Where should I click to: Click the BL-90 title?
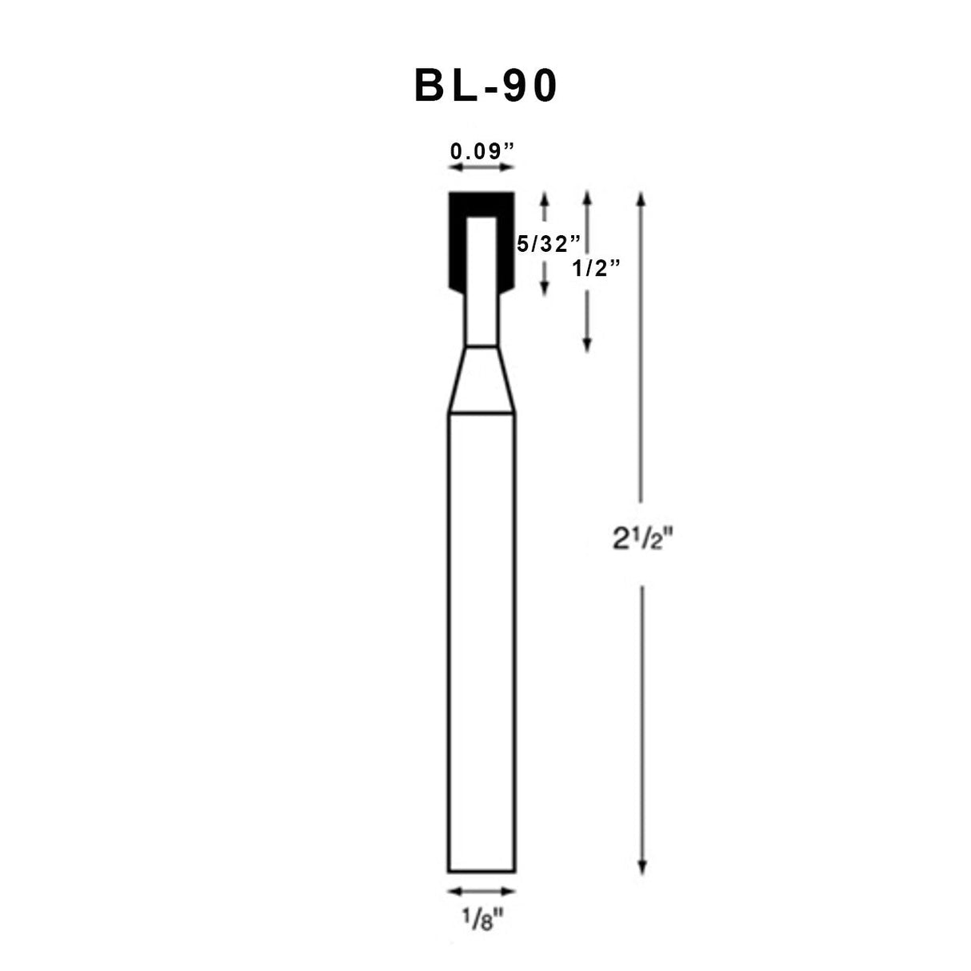pyautogui.click(x=485, y=86)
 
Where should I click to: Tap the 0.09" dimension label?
pyautogui.click(x=481, y=150)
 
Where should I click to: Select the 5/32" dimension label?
pyautogui.click(x=546, y=243)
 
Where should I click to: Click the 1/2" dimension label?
pyautogui.click(x=597, y=269)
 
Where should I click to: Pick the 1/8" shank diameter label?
pyautogui.click(x=481, y=921)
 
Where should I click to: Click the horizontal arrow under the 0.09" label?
pyautogui.click(x=481, y=167)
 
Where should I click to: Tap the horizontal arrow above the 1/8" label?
pyautogui.click(x=481, y=891)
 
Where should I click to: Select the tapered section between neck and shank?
pyautogui.click(x=481, y=380)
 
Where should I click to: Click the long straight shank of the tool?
pyautogui.click(x=481, y=640)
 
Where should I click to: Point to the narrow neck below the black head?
pyautogui.click(x=481, y=320)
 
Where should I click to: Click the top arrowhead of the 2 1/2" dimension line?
pyautogui.click(x=641, y=197)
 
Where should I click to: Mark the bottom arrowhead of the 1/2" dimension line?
pyautogui.click(x=587, y=346)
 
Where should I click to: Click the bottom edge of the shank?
pyautogui.click(x=481, y=871)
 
